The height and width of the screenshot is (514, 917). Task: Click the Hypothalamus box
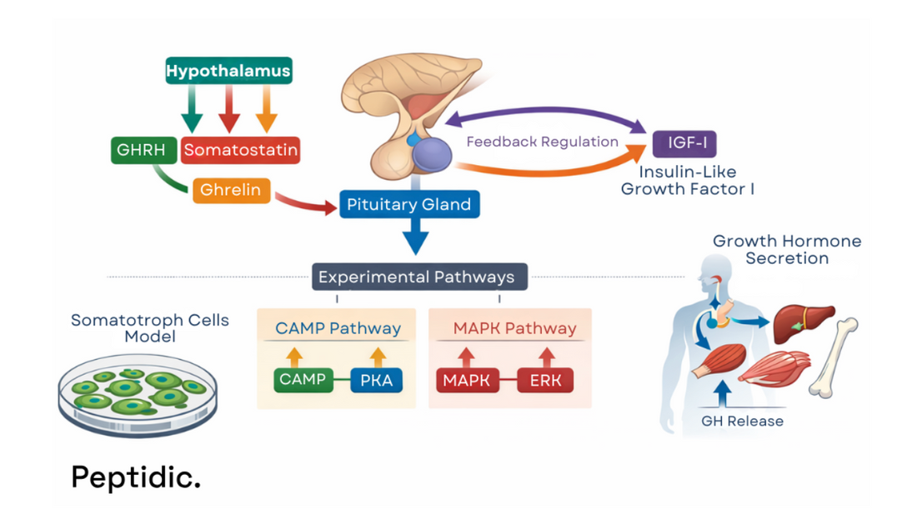coord(228,71)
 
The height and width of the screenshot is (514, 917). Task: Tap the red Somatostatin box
coord(240,151)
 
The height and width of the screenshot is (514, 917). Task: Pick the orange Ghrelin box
coord(231,190)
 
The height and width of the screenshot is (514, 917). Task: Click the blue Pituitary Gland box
coord(409,205)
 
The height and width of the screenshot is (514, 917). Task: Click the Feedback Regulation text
coord(542,142)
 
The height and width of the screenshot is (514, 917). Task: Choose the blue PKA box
coord(377,381)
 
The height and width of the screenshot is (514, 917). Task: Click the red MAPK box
coord(466,381)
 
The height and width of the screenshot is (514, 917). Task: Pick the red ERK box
coord(545,381)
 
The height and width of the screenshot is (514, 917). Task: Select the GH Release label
coord(742,421)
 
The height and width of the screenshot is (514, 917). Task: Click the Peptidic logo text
coord(136,477)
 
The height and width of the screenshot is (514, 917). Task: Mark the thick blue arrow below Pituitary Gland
coord(414,237)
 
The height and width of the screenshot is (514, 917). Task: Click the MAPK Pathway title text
coord(514,328)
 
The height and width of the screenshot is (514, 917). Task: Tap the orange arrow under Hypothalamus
coord(266,108)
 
